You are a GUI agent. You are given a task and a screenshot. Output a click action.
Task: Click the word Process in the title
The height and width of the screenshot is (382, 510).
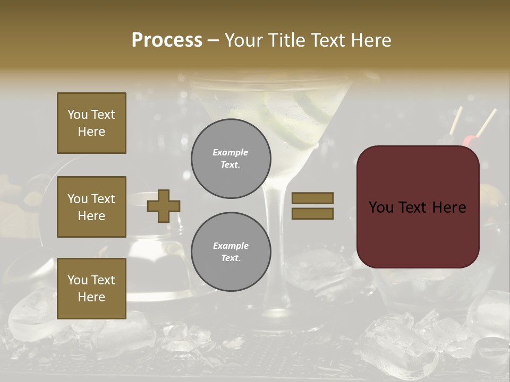(167, 40)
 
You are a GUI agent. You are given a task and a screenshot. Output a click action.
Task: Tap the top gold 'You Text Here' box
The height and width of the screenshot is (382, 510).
(91, 123)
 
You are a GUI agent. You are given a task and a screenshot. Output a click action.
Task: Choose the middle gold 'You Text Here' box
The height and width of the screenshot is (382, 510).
(91, 207)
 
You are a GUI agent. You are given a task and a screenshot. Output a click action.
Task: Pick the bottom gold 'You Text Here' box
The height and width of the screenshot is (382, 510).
(91, 289)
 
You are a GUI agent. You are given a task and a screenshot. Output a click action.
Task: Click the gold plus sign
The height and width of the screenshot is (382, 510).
(164, 206)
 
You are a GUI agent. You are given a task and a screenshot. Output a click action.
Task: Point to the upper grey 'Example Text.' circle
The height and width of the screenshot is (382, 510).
(231, 159)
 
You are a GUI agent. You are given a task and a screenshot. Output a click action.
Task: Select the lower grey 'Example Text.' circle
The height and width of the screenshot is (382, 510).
(231, 252)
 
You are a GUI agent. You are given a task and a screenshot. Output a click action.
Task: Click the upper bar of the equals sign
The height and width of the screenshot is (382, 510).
(312, 198)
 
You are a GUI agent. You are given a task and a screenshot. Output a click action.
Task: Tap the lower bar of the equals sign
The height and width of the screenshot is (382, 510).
(312, 213)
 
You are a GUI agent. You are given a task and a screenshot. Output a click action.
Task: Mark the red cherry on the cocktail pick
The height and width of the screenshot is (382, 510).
(470, 140)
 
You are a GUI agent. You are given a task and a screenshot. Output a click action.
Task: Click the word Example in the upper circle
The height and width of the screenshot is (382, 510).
(230, 152)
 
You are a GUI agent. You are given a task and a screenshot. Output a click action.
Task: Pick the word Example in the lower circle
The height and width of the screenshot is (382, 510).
(231, 246)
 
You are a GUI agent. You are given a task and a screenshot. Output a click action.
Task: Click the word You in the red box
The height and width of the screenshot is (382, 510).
(381, 207)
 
